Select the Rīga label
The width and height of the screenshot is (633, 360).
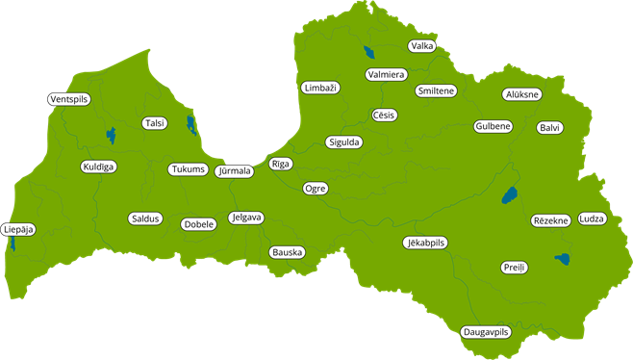(x=280, y=164)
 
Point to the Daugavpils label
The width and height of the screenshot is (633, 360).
(x=485, y=332)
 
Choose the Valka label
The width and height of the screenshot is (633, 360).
(x=421, y=46)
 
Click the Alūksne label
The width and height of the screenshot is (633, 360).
(x=522, y=94)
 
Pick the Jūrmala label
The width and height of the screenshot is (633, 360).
(x=235, y=171)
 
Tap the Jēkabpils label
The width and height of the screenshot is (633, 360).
(x=424, y=243)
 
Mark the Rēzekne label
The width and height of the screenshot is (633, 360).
(x=551, y=220)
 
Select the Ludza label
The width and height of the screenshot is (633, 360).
(x=593, y=219)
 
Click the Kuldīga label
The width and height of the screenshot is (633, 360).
(x=98, y=167)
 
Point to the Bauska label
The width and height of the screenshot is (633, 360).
(x=287, y=252)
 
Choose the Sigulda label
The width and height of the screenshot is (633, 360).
(x=343, y=141)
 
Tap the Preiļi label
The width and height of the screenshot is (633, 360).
(x=514, y=267)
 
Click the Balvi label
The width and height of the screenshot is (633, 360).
(x=549, y=127)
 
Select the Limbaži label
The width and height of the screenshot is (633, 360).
(x=319, y=88)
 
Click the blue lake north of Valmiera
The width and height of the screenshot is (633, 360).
(x=368, y=54)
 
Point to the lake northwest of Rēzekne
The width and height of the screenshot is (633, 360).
(x=507, y=195)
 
